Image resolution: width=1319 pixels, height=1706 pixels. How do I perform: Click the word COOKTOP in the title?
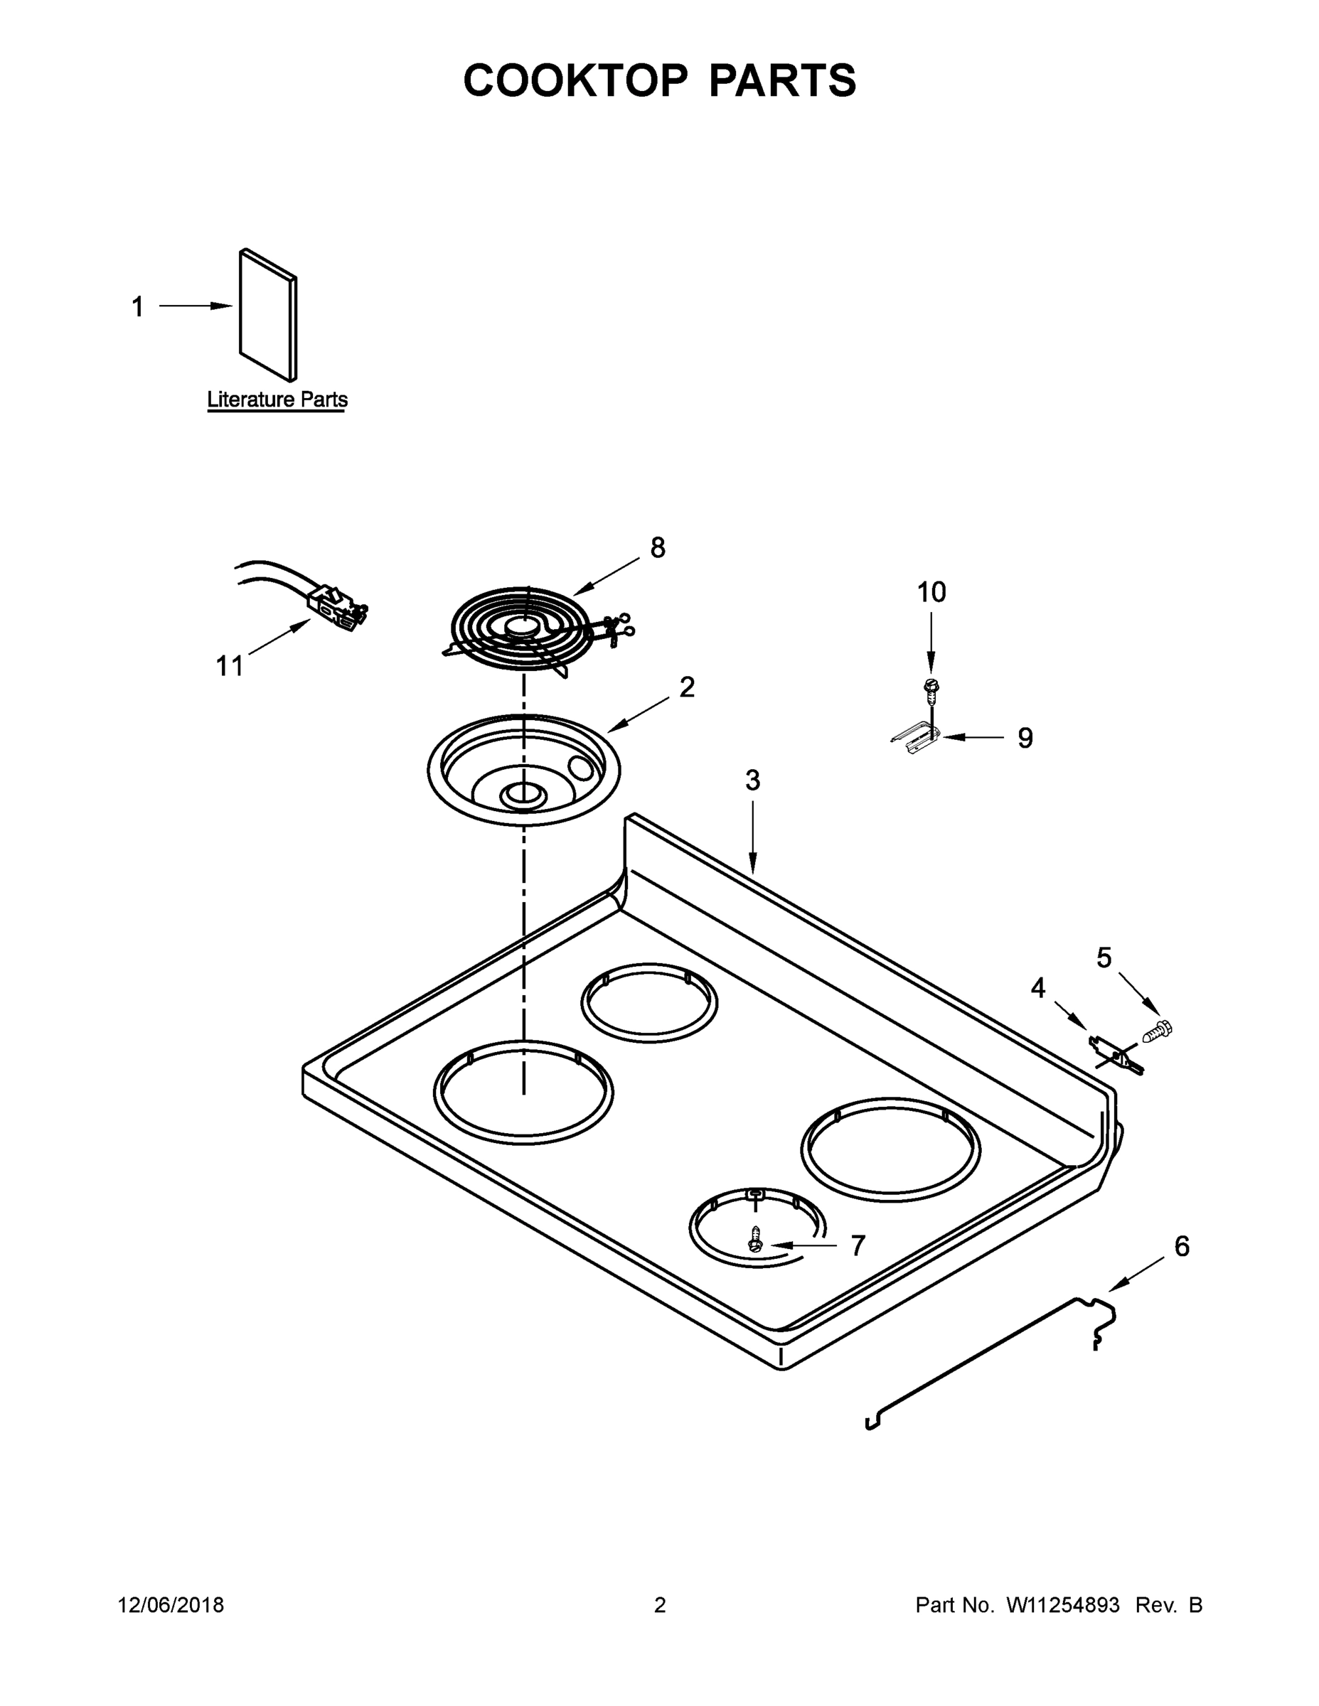point(576,80)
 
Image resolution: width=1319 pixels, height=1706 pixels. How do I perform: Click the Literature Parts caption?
point(277,399)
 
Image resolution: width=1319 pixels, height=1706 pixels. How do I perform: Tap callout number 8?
point(658,547)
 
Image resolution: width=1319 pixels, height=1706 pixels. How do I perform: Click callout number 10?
point(931,592)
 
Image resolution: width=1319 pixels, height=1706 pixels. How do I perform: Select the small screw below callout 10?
point(930,687)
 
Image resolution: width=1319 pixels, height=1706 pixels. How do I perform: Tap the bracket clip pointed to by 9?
point(916,738)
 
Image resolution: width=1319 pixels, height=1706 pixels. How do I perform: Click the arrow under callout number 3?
point(752,844)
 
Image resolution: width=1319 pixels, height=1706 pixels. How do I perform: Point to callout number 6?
point(1182,1247)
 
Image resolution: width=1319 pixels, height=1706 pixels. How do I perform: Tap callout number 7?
point(858,1246)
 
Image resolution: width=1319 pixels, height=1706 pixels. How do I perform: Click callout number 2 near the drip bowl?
point(686,687)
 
